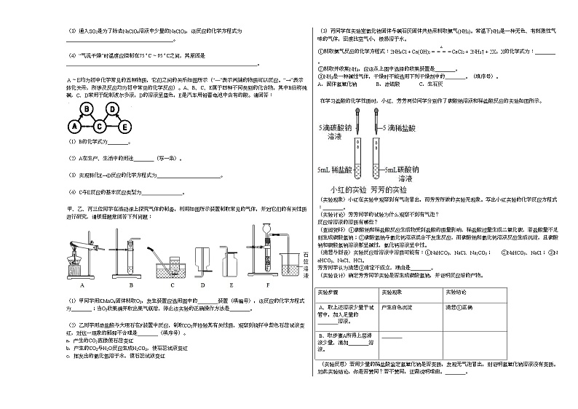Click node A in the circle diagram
tap(74, 126)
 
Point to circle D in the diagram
tap(113, 108)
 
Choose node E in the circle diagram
tap(126, 126)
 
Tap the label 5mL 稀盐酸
tap(335, 170)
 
